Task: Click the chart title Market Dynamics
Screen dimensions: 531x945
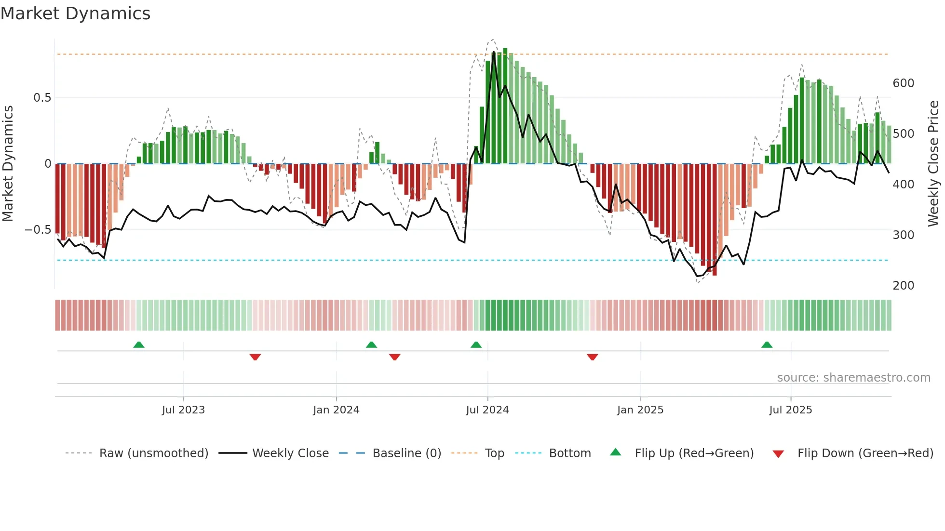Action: [x=75, y=13]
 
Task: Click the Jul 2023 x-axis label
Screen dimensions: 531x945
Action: [x=183, y=410]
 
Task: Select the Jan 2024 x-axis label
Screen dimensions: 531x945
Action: [x=336, y=410]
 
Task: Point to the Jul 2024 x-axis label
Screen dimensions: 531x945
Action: [x=487, y=410]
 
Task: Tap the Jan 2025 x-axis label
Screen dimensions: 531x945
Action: [x=640, y=410]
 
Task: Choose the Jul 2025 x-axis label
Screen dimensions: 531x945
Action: [x=790, y=410]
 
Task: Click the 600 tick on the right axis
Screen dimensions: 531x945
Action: [x=903, y=83]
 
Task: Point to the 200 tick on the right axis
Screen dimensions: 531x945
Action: [x=903, y=286]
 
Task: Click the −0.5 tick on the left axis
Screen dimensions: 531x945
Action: [x=38, y=230]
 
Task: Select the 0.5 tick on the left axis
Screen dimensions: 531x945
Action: [x=42, y=98]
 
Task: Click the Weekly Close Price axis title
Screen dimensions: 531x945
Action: [x=933, y=164]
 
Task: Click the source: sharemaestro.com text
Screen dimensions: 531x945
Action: [x=853, y=378]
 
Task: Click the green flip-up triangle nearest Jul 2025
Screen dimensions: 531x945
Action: [x=767, y=345]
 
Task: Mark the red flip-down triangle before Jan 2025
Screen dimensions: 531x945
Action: [x=592, y=357]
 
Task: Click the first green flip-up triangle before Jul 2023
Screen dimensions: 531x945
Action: [x=139, y=345]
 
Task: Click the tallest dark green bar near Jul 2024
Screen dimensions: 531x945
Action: [x=505, y=106]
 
